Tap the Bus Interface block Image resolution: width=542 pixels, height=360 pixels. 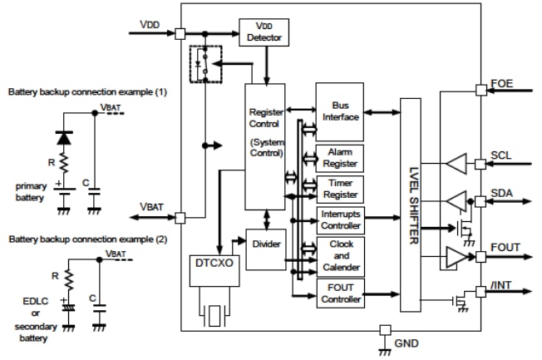(x=339, y=111)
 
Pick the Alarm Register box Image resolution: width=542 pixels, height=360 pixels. (x=339, y=157)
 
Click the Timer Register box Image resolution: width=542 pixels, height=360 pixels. (x=339, y=189)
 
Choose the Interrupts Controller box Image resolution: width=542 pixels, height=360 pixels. (x=339, y=219)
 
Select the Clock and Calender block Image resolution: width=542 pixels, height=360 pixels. (x=339, y=255)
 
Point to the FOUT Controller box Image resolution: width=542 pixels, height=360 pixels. (x=339, y=293)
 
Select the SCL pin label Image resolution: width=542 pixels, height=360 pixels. (x=501, y=156)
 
